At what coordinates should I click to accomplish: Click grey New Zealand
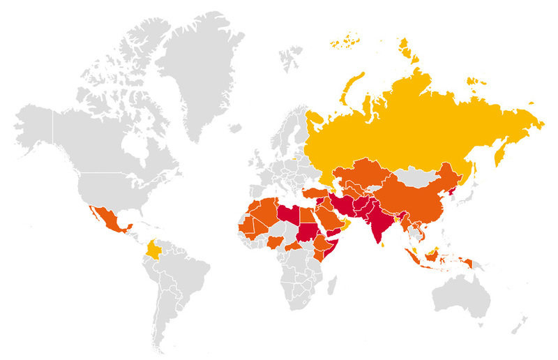[x=522, y=322]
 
